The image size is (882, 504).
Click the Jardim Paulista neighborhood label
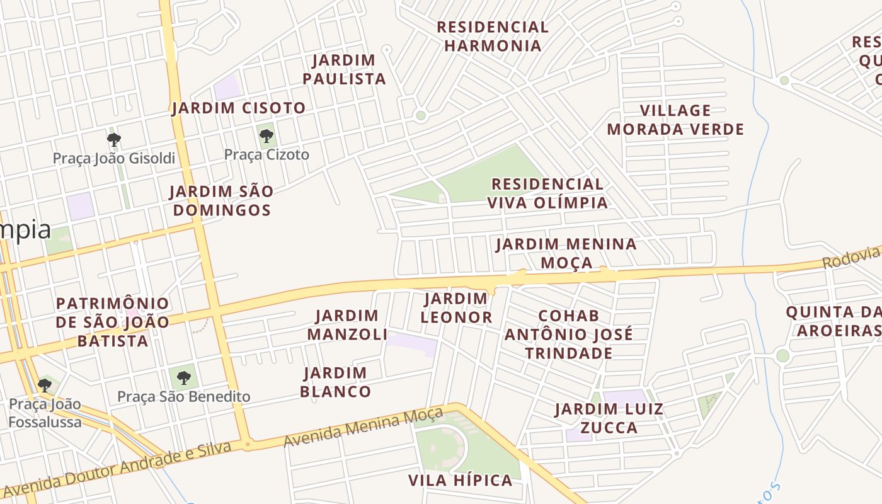click(344, 69)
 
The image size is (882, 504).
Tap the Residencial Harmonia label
click(493, 37)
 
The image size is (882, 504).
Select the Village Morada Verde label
click(675, 120)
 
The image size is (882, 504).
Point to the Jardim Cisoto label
click(239, 108)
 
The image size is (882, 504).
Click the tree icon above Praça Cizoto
click(266, 135)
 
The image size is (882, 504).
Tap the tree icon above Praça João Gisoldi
click(114, 139)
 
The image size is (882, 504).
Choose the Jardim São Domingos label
click(222, 200)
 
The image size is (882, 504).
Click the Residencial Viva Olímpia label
click(547, 193)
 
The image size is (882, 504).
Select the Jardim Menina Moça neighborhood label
click(566, 253)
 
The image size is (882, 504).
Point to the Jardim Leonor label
click(456, 308)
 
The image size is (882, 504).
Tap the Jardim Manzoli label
click(347, 324)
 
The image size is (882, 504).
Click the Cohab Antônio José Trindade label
click(569, 334)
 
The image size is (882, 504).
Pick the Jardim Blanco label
click(335, 382)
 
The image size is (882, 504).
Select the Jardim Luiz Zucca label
click(609, 418)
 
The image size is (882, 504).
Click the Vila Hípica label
click(461, 481)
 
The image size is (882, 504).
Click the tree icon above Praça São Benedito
click(183, 378)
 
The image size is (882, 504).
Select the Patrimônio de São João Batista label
click(113, 323)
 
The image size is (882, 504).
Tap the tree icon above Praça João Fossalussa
click(44, 385)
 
